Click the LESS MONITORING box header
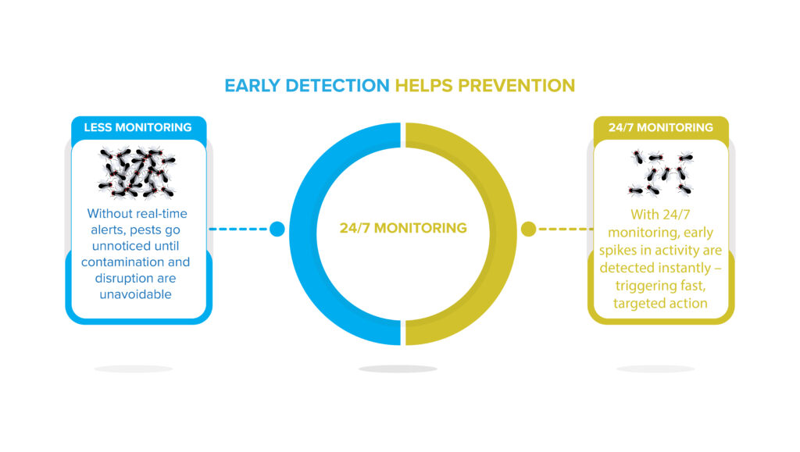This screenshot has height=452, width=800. click(137, 127)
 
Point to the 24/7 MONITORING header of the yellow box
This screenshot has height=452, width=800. click(661, 127)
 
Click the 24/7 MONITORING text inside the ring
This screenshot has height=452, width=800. click(403, 228)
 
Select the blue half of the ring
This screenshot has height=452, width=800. click(345, 234)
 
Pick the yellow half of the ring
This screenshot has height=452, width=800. click(461, 234)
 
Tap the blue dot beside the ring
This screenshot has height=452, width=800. click(277, 229)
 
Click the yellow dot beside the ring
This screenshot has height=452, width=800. click(529, 229)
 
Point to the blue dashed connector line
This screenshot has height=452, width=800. click(238, 229)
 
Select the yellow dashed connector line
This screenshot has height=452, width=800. click(566, 229)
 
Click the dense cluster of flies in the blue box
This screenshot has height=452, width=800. click(137, 173)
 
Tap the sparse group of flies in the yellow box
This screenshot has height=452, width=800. click(660, 173)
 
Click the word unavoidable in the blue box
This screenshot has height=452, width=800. click(135, 294)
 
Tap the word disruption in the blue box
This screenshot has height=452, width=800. click(120, 279)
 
